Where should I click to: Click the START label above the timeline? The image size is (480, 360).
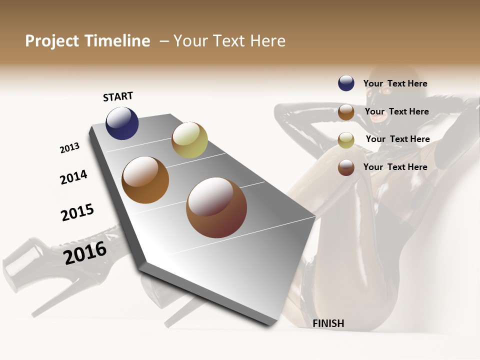tap(118, 96)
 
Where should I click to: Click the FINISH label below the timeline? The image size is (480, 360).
tap(328, 323)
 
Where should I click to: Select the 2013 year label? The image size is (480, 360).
tap(69, 148)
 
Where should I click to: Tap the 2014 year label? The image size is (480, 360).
tap(73, 177)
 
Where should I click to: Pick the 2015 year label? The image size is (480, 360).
tap(77, 212)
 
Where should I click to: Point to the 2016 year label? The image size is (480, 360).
tap(85, 252)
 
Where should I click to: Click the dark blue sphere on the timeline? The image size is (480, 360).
tap(122, 123)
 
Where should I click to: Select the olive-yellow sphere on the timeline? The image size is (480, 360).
tap(189, 140)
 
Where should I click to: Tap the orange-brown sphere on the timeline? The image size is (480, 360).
tap(145, 180)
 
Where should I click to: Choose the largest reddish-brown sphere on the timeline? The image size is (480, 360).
tap(216, 207)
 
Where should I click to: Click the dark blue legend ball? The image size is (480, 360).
tap(346, 83)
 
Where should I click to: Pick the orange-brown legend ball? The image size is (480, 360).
tap(346, 112)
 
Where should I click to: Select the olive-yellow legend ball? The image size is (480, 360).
tap(346, 140)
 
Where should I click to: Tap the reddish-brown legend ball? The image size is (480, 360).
tap(346, 167)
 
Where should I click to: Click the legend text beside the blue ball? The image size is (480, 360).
tap(395, 84)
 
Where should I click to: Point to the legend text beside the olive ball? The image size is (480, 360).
tap(397, 139)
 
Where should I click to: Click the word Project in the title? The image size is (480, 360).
tap(52, 41)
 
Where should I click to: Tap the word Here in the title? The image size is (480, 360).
tap(267, 41)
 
